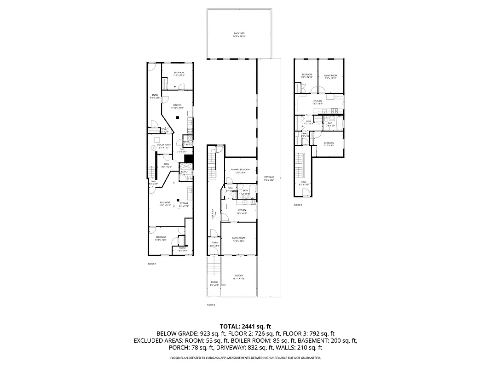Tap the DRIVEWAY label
tap(269, 178)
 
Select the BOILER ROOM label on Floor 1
tap(164, 146)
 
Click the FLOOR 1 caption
tap(152, 264)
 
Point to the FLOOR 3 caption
tap(298, 205)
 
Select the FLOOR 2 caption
tap(211, 305)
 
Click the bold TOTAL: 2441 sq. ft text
tap(245, 326)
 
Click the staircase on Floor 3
tap(300, 166)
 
